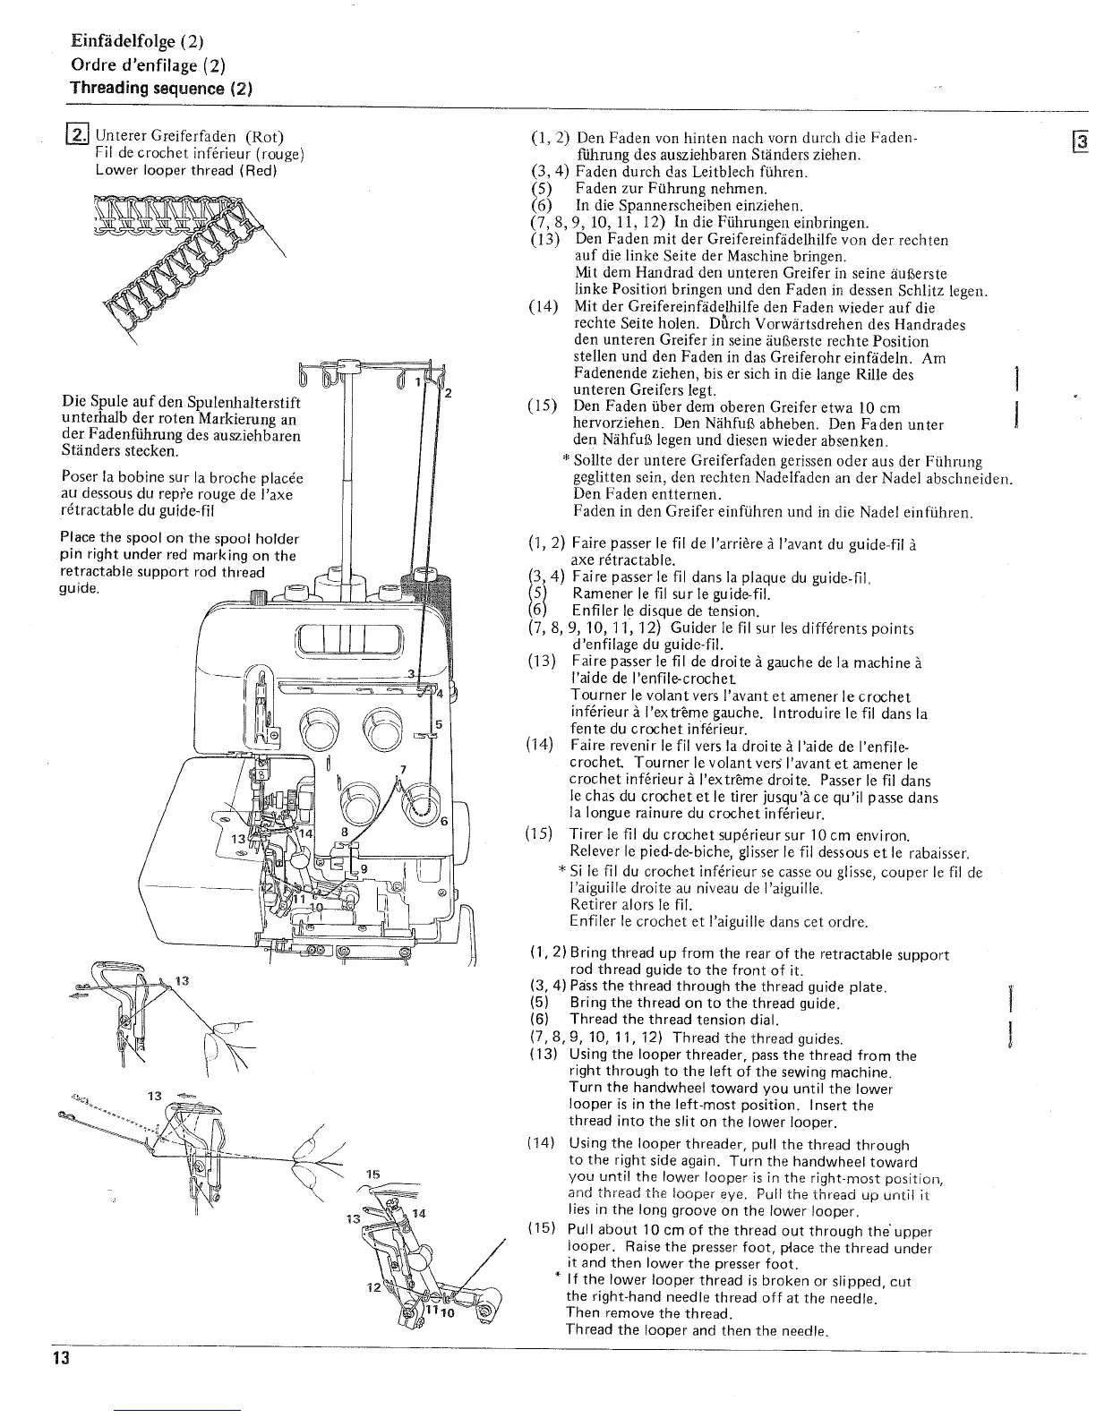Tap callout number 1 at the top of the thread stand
coord(416,382)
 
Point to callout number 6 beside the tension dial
coord(444,822)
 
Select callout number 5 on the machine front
coord(439,724)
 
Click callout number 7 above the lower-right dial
coord(404,770)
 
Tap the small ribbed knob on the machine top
coord(259,597)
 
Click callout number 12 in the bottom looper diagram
coord(372,1287)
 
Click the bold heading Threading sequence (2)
coord(161,89)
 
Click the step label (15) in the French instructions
coord(540,834)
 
